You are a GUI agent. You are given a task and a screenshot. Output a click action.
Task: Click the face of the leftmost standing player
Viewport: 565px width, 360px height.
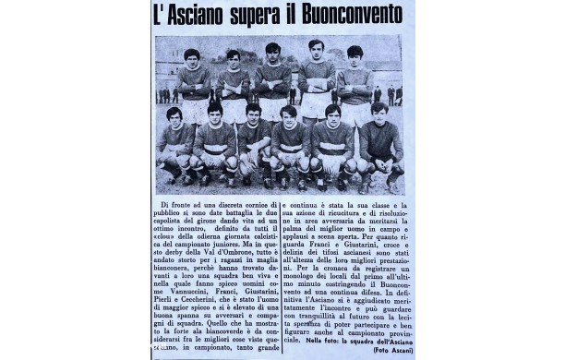pos(192,57)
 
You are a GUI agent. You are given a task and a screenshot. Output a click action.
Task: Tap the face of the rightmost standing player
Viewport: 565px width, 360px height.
pos(354,55)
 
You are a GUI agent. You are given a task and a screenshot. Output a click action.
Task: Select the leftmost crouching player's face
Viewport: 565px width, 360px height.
pos(174,116)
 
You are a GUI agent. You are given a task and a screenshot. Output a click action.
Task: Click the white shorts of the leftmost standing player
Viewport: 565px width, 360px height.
pos(194,112)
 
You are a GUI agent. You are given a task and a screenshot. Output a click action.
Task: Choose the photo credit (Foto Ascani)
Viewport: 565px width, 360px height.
pos(391,349)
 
